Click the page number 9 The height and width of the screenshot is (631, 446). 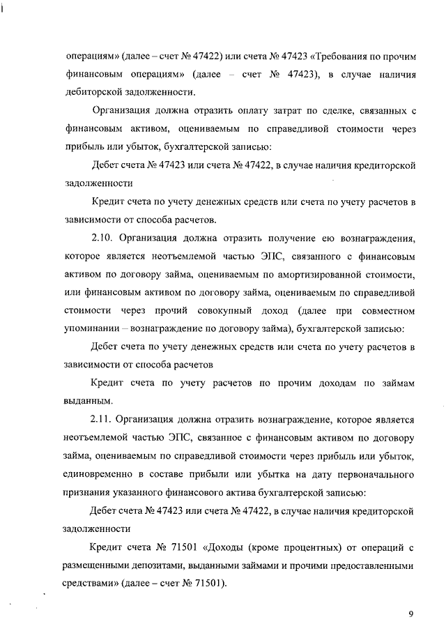click(411, 614)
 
